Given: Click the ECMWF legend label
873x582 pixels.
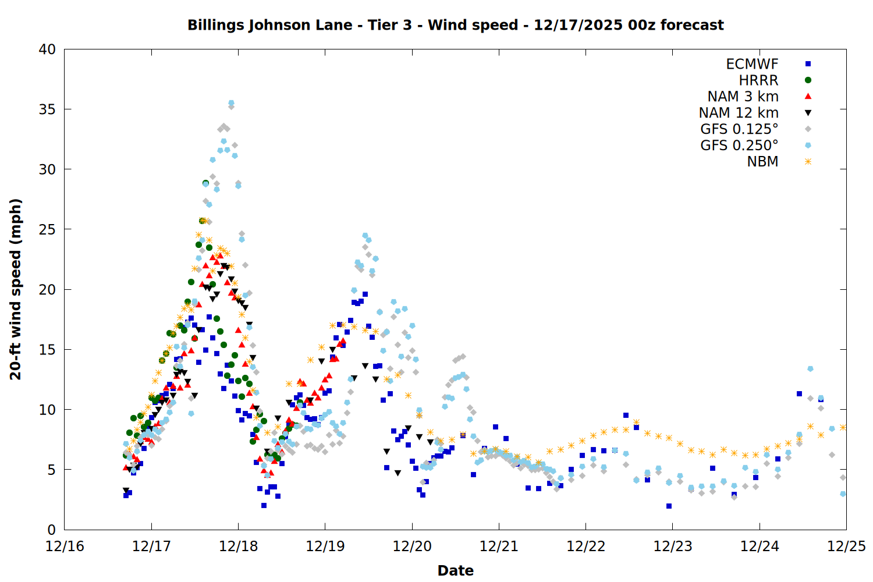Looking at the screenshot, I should [x=752, y=64].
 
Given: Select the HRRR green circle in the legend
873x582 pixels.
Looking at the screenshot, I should [x=808, y=80].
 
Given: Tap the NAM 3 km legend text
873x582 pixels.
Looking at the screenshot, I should [x=743, y=97].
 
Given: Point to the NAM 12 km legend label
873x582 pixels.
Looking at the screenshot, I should [x=739, y=113].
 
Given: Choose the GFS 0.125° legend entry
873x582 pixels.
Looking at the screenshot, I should [x=739, y=129].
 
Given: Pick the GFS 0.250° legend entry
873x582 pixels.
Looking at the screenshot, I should [x=739, y=145].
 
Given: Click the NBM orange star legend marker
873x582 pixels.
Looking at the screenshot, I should [x=808, y=162].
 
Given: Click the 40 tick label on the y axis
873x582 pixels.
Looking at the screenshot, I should [x=47, y=49].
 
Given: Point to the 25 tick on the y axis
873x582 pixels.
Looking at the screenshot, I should [x=47, y=229].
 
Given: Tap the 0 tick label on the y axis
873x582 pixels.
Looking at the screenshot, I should [x=51, y=530].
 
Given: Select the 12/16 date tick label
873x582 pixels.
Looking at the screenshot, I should [x=65, y=546].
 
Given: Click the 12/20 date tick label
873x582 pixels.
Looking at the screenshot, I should [x=412, y=546].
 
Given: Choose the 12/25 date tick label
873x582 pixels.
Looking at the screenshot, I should [x=846, y=546].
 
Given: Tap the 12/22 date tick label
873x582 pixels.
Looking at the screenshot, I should [x=585, y=546].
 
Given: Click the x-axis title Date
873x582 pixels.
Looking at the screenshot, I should [x=455, y=570].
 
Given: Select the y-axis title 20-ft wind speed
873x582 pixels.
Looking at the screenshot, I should [x=16, y=289].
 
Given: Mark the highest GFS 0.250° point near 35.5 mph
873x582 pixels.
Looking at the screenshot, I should [x=231, y=103].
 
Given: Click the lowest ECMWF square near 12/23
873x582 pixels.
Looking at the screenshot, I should [x=669, y=506].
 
